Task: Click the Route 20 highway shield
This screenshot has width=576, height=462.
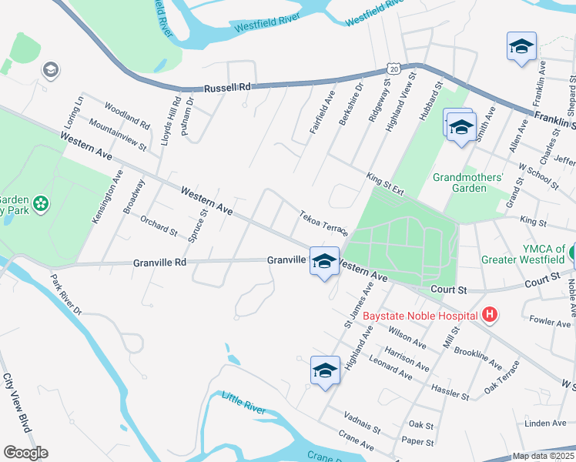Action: [393, 69]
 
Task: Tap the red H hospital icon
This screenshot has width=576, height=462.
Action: [488, 315]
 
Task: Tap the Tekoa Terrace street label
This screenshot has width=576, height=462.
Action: [324, 222]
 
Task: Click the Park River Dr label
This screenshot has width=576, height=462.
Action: [65, 295]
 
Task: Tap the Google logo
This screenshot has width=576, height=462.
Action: [25, 453]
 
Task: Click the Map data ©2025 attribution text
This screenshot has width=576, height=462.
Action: [543, 456]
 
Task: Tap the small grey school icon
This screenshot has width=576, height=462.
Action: [51, 70]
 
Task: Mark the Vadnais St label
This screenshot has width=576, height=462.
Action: [363, 420]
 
